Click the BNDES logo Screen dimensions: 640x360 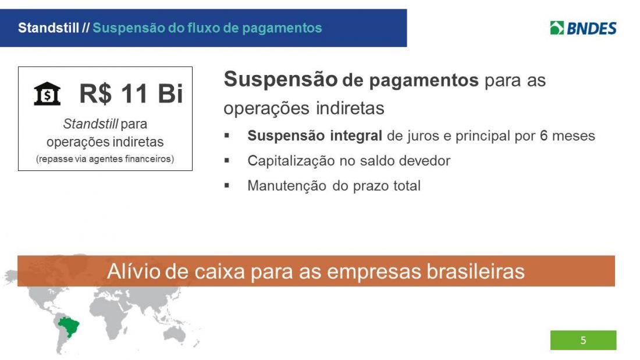click(583, 28)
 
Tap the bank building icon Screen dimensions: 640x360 click(47, 94)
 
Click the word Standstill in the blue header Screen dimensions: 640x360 click(48, 28)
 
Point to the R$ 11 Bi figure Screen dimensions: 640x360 click(131, 94)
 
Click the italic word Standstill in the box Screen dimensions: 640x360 click(90, 123)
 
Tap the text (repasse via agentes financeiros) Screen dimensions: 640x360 click(105, 159)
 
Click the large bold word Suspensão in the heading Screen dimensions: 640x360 click(281, 79)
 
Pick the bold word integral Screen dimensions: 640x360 click(356, 136)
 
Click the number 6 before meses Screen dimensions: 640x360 click(543, 136)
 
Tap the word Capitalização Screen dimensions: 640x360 click(291, 161)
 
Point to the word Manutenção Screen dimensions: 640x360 click(287, 186)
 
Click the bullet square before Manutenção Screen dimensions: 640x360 click(227, 186)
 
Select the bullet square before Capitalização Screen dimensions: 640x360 click(227, 161)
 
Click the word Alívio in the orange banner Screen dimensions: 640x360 click(133, 272)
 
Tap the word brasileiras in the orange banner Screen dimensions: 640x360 click(475, 272)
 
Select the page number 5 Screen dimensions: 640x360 click(583, 340)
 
